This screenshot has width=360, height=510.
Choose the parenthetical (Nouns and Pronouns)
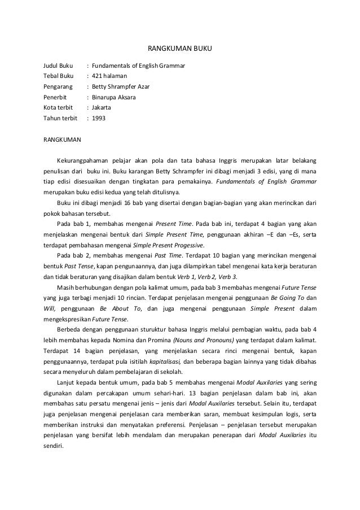(x=204, y=340)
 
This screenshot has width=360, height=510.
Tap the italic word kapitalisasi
(x=164, y=361)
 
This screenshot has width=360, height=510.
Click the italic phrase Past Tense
(x=78, y=267)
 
